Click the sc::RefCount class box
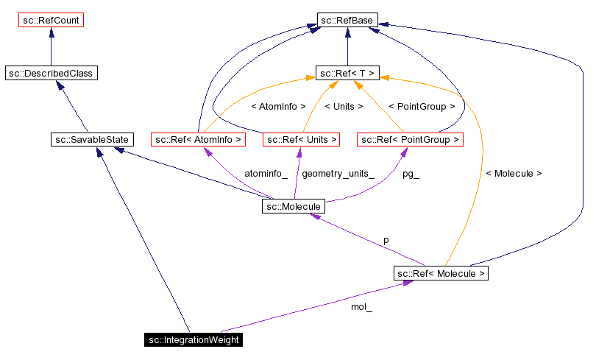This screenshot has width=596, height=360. (x=51, y=20)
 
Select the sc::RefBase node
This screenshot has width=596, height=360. (x=347, y=20)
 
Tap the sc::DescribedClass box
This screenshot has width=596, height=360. (x=51, y=73)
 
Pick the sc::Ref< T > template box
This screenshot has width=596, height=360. (x=347, y=73)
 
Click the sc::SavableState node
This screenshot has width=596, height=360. (x=92, y=139)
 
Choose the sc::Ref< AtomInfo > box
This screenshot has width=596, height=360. (x=196, y=139)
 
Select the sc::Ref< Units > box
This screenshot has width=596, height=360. (x=301, y=139)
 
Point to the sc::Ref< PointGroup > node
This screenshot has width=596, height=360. (x=410, y=139)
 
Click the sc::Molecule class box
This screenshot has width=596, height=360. (x=292, y=207)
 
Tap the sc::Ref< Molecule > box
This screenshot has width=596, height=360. (x=441, y=273)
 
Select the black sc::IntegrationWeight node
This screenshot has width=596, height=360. (x=194, y=339)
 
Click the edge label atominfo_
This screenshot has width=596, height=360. (x=266, y=174)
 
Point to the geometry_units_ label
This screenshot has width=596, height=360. (x=338, y=174)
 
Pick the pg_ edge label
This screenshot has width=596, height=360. (x=411, y=174)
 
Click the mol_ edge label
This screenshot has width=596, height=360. (x=361, y=307)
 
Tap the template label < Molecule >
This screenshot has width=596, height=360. (x=514, y=174)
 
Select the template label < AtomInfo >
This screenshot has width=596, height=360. (x=278, y=107)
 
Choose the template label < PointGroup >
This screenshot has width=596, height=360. (x=421, y=107)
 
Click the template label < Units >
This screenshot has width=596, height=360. (x=344, y=107)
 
